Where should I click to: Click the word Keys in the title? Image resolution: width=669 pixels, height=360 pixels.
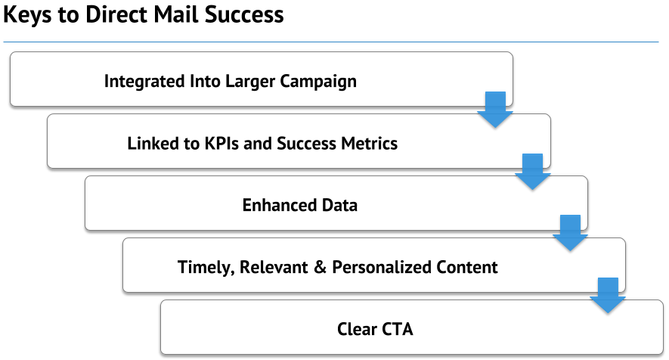(28, 14)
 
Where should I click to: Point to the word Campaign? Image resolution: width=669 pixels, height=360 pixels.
(318, 81)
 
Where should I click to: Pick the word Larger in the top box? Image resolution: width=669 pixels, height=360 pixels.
(250, 81)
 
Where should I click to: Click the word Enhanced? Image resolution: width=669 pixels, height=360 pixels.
(280, 205)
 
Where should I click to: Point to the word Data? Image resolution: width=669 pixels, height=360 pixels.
(339, 205)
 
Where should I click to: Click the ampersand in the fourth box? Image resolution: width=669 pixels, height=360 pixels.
(320, 267)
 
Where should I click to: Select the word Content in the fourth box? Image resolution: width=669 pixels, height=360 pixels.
(461, 267)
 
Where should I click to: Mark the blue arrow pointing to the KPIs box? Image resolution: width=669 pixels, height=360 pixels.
(495, 110)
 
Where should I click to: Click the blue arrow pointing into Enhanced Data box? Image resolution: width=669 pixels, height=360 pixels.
(532, 172)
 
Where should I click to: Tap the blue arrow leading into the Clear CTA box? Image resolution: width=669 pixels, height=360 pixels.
(608, 296)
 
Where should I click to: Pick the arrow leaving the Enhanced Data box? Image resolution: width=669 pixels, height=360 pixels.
(570, 233)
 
